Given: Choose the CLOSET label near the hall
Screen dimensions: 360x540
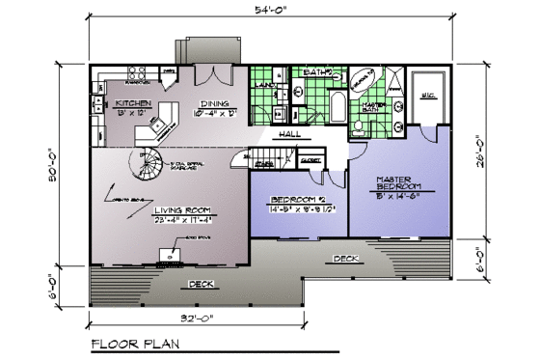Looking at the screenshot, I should click(x=310, y=162).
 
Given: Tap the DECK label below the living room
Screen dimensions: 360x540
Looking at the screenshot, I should click(x=200, y=284).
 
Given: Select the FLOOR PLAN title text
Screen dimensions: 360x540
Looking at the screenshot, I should click(x=134, y=343).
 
